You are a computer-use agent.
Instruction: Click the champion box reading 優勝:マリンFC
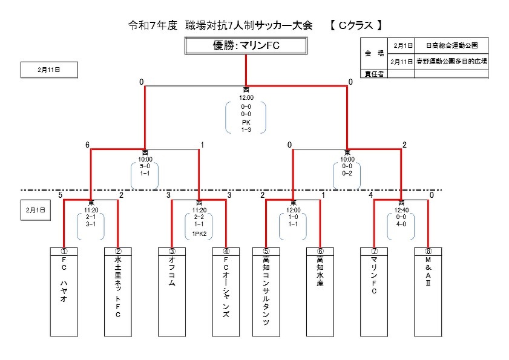click(246, 46)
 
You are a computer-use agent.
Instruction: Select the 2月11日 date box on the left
click(49, 70)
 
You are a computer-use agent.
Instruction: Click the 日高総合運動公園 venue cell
click(452, 45)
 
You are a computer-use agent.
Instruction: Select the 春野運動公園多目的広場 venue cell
click(452, 61)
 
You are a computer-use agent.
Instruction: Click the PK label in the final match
click(246, 122)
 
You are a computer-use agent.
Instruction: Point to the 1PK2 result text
click(199, 233)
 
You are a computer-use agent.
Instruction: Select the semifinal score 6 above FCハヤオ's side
click(88, 145)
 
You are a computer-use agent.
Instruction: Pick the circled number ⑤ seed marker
click(266, 250)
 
